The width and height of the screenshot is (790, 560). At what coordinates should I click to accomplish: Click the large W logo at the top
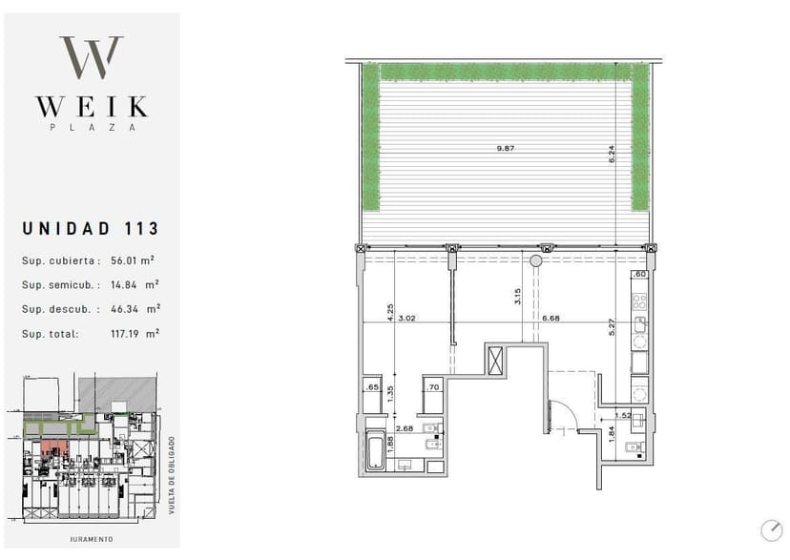92,57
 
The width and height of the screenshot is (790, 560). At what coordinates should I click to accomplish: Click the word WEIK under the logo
93,107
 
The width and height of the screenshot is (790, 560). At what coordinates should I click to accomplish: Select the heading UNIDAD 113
91,229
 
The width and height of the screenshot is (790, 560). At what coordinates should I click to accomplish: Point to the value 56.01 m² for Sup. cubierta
133,260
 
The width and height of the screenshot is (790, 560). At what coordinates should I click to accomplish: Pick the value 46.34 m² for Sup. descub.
135,309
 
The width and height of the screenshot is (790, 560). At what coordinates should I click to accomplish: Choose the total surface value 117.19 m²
135,333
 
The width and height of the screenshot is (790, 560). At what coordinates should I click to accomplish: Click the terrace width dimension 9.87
506,148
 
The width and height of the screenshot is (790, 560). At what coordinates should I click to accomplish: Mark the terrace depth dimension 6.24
612,154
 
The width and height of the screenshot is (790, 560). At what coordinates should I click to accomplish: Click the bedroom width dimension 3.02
406,318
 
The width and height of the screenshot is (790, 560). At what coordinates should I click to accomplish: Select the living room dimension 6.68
551,318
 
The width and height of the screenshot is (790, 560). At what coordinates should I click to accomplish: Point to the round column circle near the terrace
535,260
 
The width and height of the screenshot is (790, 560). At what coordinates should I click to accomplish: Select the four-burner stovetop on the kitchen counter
640,301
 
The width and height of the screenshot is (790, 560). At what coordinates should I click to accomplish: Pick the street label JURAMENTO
92,539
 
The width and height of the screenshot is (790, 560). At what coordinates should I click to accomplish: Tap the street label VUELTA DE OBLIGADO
172,475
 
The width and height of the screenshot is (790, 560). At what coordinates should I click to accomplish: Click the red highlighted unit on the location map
54,446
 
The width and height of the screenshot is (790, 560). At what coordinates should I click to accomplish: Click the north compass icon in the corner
771,530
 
